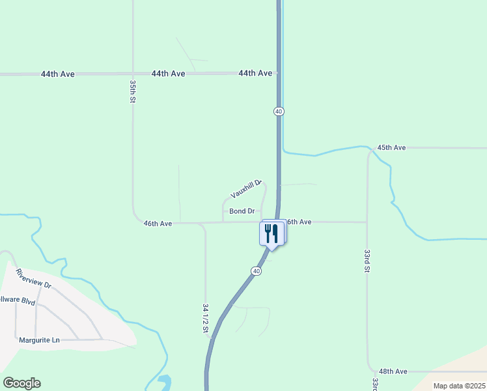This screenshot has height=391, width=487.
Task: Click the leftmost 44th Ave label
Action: pyautogui.click(x=57, y=74)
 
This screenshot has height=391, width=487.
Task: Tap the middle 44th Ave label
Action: pyautogui.click(x=168, y=74)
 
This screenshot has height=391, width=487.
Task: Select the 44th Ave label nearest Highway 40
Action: pyautogui.click(x=255, y=74)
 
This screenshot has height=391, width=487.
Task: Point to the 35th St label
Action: pyautogui.click(x=132, y=92)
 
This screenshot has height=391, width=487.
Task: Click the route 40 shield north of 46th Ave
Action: pyautogui.click(x=279, y=111)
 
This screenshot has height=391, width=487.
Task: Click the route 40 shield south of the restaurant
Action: pyautogui.click(x=257, y=271)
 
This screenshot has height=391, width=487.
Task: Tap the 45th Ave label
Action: pyautogui.click(x=391, y=148)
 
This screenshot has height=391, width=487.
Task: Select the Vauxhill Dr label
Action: pyautogui.click(x=245, y=190)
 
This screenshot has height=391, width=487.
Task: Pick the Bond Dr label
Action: pyautogui.click(x=242, y=211)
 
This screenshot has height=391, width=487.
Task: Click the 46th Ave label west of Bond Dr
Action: pyautogui.click(x=158, y=224)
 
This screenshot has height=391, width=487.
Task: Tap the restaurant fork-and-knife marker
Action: pyautogui.click(x=271, y=233)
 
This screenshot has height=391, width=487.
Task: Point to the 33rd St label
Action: pyautogui.click(x=367, y=260)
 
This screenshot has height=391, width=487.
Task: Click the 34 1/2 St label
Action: pyautogui.click(x=205, y=317)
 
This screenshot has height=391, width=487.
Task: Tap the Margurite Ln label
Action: pyautogui.click(x=39, y=340)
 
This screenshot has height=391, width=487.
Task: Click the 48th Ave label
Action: pyautogui.click(x=393, y=371)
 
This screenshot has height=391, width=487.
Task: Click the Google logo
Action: pyautogui.click(x=21, y=383)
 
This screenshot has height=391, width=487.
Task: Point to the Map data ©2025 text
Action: pyautogui.click(x=458, y=386)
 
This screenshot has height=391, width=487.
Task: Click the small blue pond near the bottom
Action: pyautogui.click(x=163, y=381)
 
